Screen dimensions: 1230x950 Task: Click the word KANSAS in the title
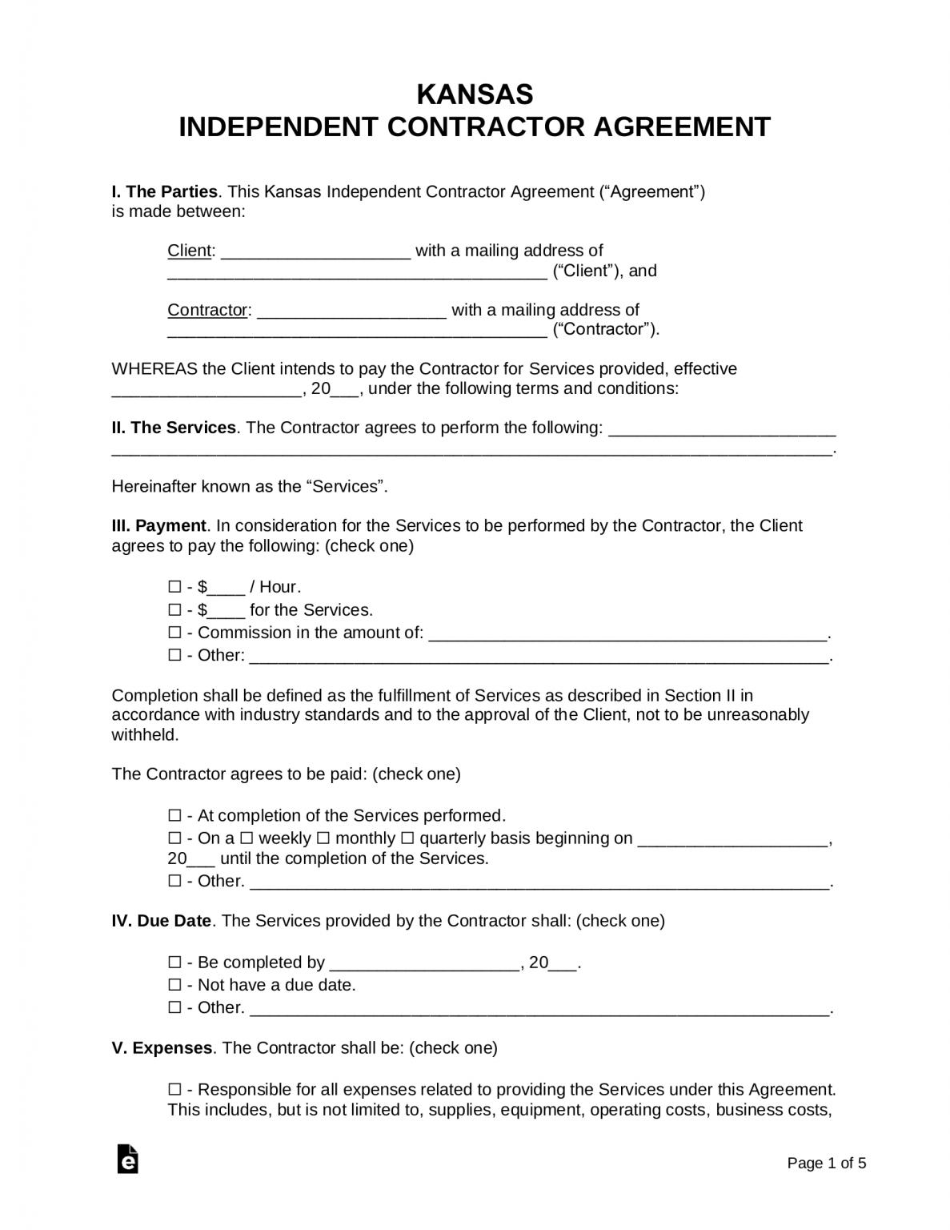[x=475, y=94]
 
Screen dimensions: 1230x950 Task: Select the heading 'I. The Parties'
[x=164, y=192]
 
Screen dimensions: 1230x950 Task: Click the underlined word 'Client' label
[x=189, y=251]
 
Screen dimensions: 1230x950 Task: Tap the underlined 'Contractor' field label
[x=206, y=310]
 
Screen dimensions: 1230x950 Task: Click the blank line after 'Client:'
[x=315, y=252]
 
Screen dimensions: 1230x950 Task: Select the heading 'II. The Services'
[x=174, y=428]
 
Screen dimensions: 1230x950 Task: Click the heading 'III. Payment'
[x=158, y=526]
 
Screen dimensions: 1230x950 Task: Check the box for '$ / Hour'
[x=174, y=587]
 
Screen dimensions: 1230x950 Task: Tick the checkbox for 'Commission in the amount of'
[x=174, y=633]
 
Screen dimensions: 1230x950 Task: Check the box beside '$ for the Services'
[x=174, y=610]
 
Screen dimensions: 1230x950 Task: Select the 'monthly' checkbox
[x=323, y=838]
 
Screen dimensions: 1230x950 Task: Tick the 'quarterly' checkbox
[x=407, y=838]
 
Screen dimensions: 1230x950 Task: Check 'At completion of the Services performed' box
[x=174, y=816]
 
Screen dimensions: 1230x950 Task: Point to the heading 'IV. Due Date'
[x=161, y=921]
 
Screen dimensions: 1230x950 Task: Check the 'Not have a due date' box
[x=174, y=985]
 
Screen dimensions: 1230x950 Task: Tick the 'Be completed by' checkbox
[x=174, y=963]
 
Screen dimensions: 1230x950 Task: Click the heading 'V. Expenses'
[x=162, y=1048]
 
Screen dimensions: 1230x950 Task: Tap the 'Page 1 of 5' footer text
[x=827, y=1164]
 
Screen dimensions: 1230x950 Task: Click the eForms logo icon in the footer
[x=127, y=1159]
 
